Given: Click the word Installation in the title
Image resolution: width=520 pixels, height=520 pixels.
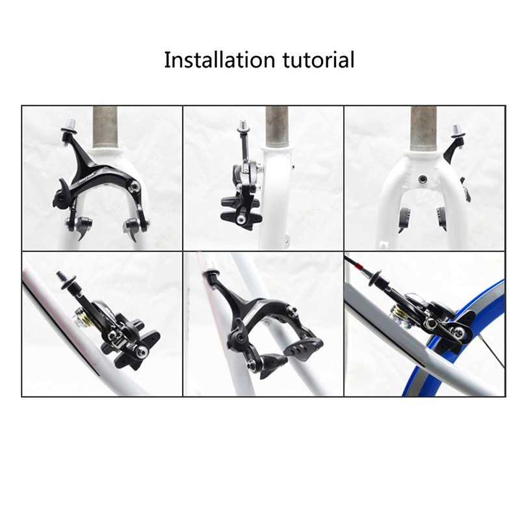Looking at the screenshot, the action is [220, 60].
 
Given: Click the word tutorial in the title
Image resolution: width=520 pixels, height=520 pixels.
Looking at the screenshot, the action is [318, 60].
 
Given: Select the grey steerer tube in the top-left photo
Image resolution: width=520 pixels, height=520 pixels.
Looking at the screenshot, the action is [105, 127].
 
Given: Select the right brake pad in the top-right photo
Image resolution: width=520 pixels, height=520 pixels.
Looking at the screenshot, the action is [442, 217].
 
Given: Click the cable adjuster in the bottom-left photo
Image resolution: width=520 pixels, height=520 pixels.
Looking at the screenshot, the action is [66, 279].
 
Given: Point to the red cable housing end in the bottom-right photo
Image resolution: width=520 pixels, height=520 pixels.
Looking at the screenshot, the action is [357, 264].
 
